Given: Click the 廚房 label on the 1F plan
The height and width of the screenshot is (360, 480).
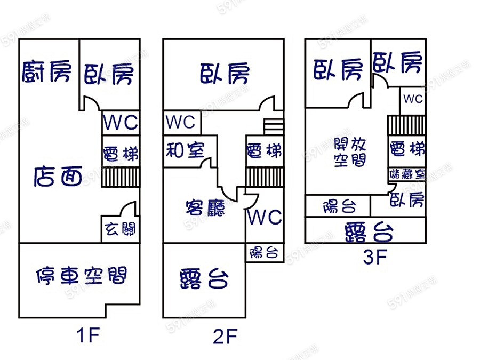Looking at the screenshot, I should point(46,71).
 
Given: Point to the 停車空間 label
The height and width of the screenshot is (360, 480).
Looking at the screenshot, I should point(81,276).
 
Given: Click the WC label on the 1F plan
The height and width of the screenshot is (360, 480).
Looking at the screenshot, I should point(121,123).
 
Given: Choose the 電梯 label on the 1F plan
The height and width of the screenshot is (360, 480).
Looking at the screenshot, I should point(121,154).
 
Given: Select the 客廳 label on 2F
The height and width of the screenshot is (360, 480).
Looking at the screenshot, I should point(205,206).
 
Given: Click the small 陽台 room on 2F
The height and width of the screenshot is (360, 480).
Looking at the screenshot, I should point(264,252).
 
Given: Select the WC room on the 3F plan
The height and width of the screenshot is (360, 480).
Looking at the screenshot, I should point(413,99).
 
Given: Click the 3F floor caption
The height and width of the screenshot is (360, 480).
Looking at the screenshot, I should point(374,258).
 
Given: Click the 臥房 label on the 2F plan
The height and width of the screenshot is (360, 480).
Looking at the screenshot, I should point(225,74).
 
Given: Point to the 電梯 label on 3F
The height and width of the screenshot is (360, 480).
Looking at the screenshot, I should point(407,149).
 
